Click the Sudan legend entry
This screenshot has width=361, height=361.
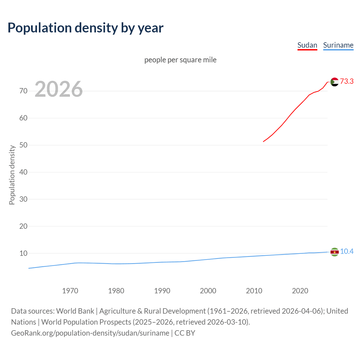click(x=307, y=45)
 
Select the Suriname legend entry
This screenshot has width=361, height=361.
click(x=338, y=45)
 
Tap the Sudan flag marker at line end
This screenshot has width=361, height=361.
click(x=334, y=82)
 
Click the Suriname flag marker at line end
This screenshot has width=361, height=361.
click(x=334, y=252)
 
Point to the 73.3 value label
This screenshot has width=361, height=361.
click(x=347, y=82)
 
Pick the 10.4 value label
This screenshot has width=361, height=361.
click(x=347, y=252)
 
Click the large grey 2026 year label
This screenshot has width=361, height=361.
click(x=59, y=89)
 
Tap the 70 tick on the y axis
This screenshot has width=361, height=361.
click(x=23, y=91)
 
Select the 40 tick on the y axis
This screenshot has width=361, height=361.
click(x=23, y=172)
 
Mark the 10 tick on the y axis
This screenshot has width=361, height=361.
click(x=23, y=253)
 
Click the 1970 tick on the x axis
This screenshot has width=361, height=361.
click(x=70, y=291)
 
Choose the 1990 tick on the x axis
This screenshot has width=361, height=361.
click(x=162, y=291)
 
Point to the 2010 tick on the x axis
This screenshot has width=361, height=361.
click(x=254, y=291)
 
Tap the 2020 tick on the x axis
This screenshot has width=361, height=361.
click(x=300, y=291)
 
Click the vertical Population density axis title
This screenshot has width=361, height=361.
click(x=12, y=175)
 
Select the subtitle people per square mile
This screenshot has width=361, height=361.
click(x=180, y=60)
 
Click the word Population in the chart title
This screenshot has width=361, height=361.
click(x=40, y=28)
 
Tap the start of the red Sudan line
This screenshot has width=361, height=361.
click(x=264, y=141)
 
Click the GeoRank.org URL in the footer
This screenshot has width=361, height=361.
click(x=90, y=333)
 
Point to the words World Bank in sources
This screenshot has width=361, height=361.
click(x=75, y=311)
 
